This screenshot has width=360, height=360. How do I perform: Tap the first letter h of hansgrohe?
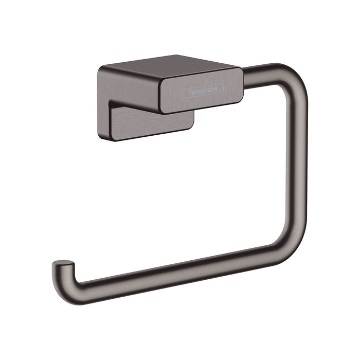(x=189, y=94)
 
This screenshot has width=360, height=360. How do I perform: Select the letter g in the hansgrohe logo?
(x=205, y=92)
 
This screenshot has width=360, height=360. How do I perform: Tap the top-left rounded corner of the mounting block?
(x=100, y=68)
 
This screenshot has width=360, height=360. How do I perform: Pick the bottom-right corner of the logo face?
(x=238, y=98)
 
